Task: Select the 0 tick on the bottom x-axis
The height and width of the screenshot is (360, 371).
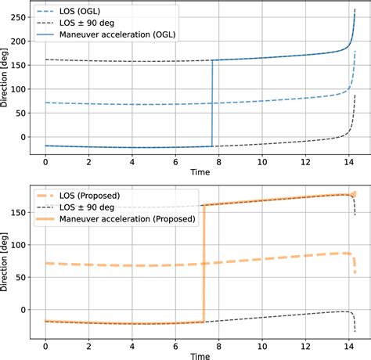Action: click(45, 344)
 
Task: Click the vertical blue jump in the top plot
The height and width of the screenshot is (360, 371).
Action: click(212, 102)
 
